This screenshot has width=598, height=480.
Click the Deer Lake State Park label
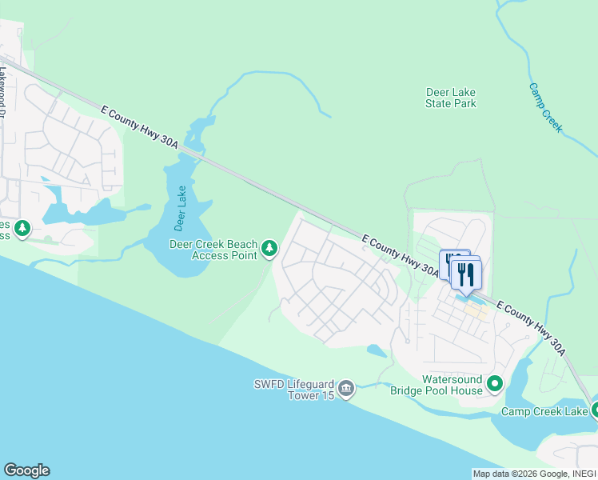(x=451, y=98)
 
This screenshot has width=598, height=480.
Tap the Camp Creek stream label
(x=546, y=107)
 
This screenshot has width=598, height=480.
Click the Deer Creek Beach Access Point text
(x=213, y=250)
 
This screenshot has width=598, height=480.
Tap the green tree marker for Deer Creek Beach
(x=269, y=250)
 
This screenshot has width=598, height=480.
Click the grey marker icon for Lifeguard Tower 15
(x=346, y=389)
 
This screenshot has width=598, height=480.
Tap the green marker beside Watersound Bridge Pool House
(x=495, y=385)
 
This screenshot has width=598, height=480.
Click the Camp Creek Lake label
(x=544, y=411)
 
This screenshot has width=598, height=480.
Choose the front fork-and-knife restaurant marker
(x=465, y=274)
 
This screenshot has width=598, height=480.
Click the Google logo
(x=26, y=470)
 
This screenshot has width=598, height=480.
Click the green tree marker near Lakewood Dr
(x=22, y=230)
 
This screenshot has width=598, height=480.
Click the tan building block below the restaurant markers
(x=476, y=310)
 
